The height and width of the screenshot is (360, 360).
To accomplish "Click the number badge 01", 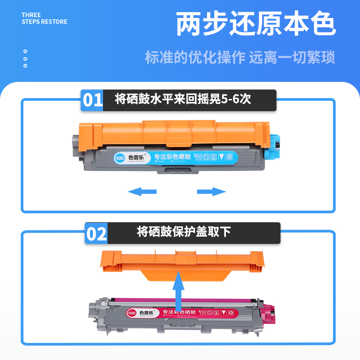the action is (93, 100).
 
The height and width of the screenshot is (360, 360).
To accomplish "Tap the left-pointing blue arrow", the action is (142, 192).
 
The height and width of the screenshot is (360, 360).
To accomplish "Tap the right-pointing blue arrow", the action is (211, 192).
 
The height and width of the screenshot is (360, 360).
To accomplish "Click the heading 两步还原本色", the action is (255, 25).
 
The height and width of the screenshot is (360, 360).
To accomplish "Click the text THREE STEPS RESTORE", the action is (44, 18).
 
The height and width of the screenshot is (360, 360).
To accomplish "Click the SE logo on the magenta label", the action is (132, 312).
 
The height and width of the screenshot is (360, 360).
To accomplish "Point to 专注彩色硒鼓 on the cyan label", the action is (173, 157).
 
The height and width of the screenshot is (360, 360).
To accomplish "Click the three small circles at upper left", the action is (25, 58).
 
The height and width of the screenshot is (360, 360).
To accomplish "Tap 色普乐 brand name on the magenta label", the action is (146, 311).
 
